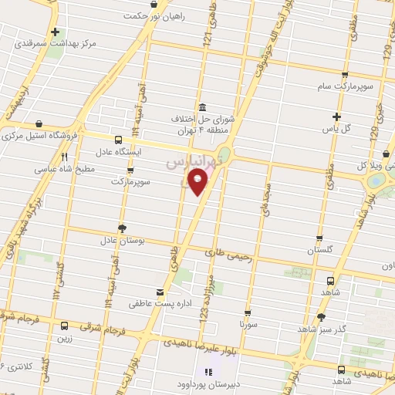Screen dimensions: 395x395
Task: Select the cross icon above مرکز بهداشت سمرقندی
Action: pyautogui.click(x=55, y=32)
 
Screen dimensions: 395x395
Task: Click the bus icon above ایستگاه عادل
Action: pyautogui.click(x=117, y=140)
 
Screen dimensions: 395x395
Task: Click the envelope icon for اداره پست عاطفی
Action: pyautogui.click(x=160, y=292)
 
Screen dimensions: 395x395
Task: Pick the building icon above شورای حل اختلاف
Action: pyautogui.click(x=202, y=107)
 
